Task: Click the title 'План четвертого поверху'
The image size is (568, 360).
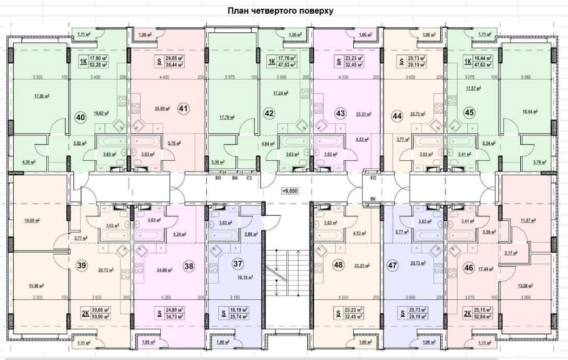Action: pyautogui.click(x=280, y=11)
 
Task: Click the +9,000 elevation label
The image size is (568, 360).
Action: pyautogui.click(x=290, y=191)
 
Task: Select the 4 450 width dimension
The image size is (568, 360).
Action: pyautogui.click(x=165, y=77)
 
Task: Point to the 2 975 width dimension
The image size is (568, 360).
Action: pyautogui.click(x=229, y=77)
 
